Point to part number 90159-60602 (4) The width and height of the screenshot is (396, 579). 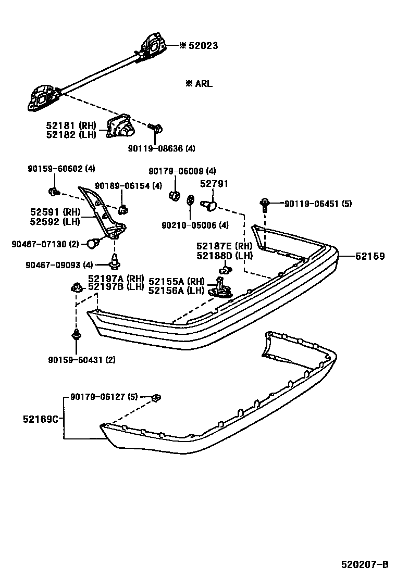pos(61,169)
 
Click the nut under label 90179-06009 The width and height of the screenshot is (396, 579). pos(175,196)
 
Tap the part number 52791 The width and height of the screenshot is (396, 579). pos(214,184)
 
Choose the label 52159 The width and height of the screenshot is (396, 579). pos(370,256)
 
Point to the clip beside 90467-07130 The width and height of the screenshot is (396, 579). pos(93,242)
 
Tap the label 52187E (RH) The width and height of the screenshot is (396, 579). pos(224,246)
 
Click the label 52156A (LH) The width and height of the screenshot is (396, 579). pos(176,291)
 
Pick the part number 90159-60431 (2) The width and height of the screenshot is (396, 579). pos(82,360)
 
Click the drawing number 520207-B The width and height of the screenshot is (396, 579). pos(365,564)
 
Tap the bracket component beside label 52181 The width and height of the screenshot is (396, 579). pos(120,125)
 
